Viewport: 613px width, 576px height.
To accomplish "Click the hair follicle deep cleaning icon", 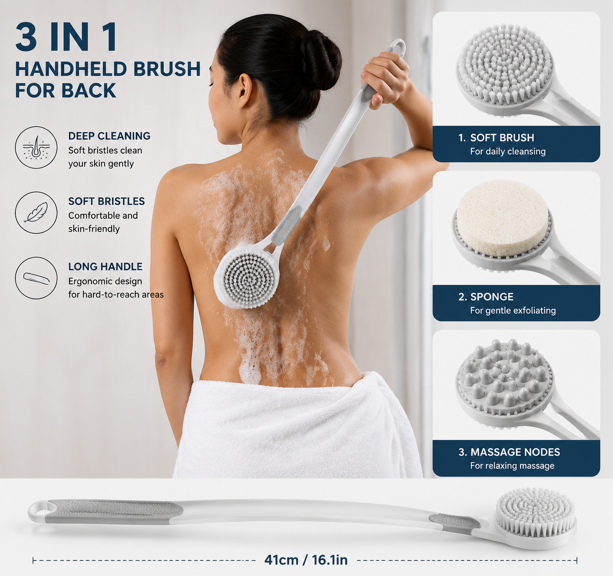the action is click(36, 147).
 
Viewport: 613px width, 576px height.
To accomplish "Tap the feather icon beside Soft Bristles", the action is click(36, 213).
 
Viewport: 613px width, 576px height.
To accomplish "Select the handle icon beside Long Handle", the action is click(36, 278).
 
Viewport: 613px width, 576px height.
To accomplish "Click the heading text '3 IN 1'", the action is click(66, 37).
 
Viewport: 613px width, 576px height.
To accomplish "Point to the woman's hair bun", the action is click(321, 60).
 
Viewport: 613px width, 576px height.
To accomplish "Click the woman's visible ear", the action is click(245, 91).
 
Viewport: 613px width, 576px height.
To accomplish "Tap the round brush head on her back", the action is click(246, 277).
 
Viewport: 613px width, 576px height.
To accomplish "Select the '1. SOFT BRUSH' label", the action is click(496, 138).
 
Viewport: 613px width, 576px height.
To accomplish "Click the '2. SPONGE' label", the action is click(486, 297).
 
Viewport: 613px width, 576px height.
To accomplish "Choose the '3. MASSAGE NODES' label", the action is click(509, 452).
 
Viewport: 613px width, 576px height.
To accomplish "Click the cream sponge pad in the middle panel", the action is click(503, 218).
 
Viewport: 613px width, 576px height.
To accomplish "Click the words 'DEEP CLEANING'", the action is click(109, 136).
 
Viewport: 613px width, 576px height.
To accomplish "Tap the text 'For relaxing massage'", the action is click(512, 466).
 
